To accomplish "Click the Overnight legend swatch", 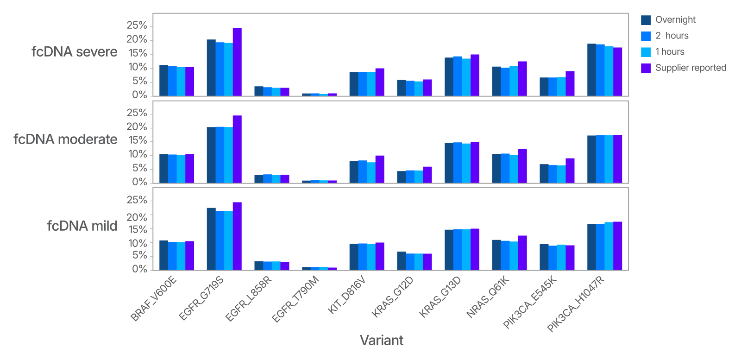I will click(x=646, y=20).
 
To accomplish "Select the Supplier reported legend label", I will click(x=691, y=68).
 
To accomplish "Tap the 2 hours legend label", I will click(x=672, y=36).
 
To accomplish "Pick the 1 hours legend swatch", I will click(x=646, y=52).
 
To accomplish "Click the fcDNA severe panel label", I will click(x=74, y=52).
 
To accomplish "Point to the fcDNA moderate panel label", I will click(x=65, y=139).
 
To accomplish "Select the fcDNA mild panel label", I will click(x=82, y=226).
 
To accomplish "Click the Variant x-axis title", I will click(x=381, y=341).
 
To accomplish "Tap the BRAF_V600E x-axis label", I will click(x=154, y=298).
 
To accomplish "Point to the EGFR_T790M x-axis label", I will click(x=295, y=299).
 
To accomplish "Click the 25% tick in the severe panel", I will click(x=137, y=25).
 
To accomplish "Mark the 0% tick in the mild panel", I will click(x=139, y=269).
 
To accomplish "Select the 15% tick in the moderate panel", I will click(x=137, y=141).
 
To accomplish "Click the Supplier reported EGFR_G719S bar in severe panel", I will click(x=237, y=62).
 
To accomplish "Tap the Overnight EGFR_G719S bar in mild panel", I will click(x=211, y=239).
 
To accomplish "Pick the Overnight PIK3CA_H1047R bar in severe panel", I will click(x=591, y=70).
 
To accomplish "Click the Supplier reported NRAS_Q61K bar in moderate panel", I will click(x=522, y=166).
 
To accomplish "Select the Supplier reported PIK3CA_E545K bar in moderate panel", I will click(x=570, y=171).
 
